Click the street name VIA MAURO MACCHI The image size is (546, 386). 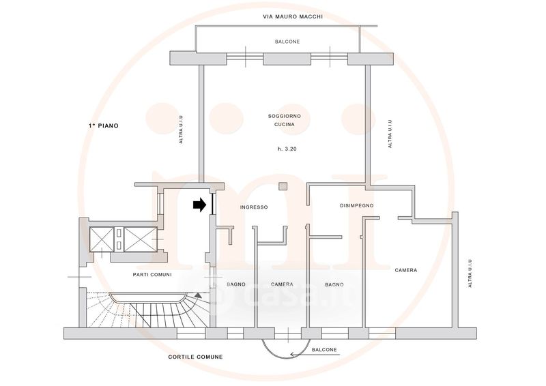[x=293, y=16]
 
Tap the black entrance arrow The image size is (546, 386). [x=200, y=205]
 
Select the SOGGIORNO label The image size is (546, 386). [x=285, y=116]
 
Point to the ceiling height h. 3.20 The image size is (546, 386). [x=287, y=149]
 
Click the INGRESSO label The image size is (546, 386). [x=254, y=207]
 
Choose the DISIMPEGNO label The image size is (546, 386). [x=356, y=205]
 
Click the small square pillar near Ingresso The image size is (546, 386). [x=283, y=186]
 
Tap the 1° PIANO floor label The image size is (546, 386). [x=104, y=125]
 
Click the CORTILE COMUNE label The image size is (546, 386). [x=195, y=357]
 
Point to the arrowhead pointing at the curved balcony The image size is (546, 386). [x=293, y=355]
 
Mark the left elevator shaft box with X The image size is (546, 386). [x=102, y=239]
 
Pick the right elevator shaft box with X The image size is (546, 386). [x=141, y=239]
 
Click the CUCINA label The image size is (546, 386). [x=285, y=124]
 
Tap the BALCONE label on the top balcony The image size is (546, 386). [x=287, y=42]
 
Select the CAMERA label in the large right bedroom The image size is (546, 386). [x=406, y=270]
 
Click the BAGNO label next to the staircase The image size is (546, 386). [x=236, y=284]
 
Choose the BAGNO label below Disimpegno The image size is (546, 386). [x=334, y=284]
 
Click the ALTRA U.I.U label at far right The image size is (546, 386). [x=470, y=273]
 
